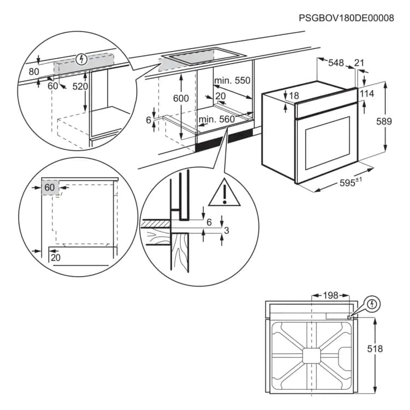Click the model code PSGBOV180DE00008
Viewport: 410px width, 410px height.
point(346,18)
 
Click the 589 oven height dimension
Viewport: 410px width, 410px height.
point(384,121)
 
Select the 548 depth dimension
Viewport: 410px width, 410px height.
point(336,63)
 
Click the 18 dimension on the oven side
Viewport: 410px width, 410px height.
point(294,96)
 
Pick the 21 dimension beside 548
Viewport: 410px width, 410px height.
point(359,63)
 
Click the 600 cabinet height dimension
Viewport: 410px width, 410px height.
point(180,98)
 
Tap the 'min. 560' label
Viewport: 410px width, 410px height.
point(216,119)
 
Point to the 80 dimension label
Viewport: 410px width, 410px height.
point(34,71)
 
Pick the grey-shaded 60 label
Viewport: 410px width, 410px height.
point(50,188)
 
